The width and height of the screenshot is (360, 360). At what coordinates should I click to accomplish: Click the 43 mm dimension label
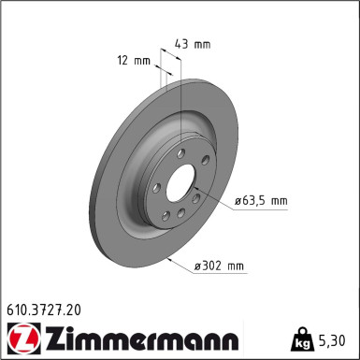click(192, 43)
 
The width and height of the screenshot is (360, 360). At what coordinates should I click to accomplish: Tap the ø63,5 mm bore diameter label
click(261, 200)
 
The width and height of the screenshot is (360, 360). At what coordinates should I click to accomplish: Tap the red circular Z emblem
click(20, 337)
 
